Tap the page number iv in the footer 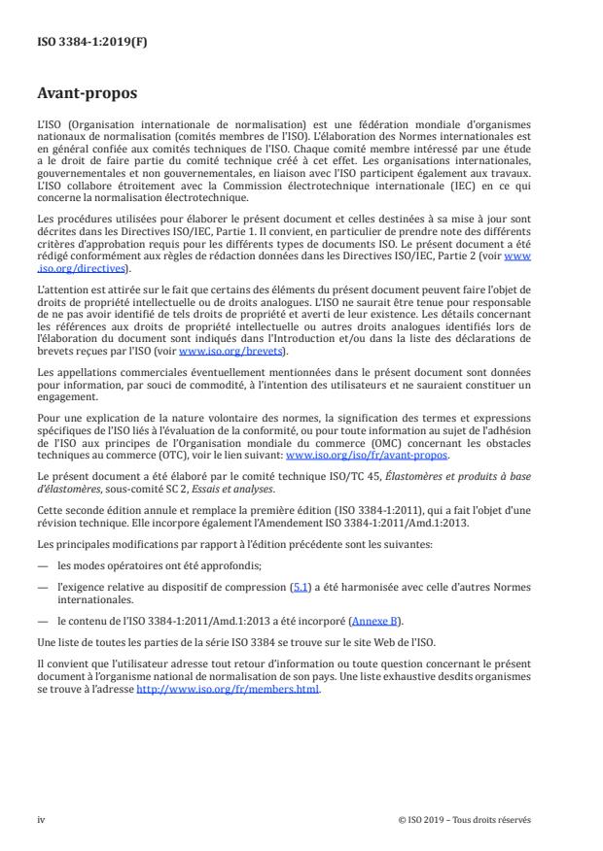click(41, 819)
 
